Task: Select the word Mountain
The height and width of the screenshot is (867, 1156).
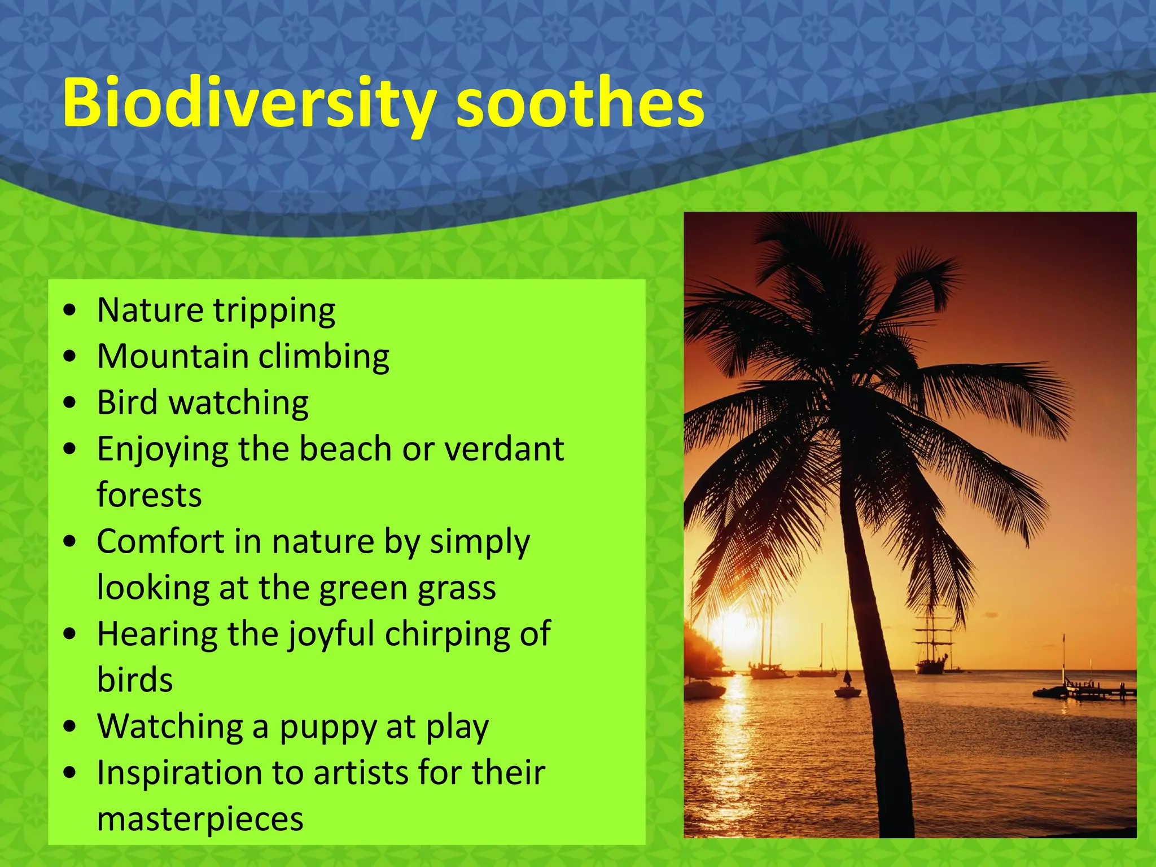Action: click(173, 356)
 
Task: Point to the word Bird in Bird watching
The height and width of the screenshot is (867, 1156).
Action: click(127, 402)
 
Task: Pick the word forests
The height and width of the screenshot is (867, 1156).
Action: click(149, 495)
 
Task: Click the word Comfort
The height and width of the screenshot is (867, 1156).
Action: click(160, 541)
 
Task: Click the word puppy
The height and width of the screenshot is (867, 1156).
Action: click(328, 727)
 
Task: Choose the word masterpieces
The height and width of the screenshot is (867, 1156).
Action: click(200, 819)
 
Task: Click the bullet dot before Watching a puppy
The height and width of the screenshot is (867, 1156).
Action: click(70, 726)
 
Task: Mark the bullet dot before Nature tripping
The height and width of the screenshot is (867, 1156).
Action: click(70, 310)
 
